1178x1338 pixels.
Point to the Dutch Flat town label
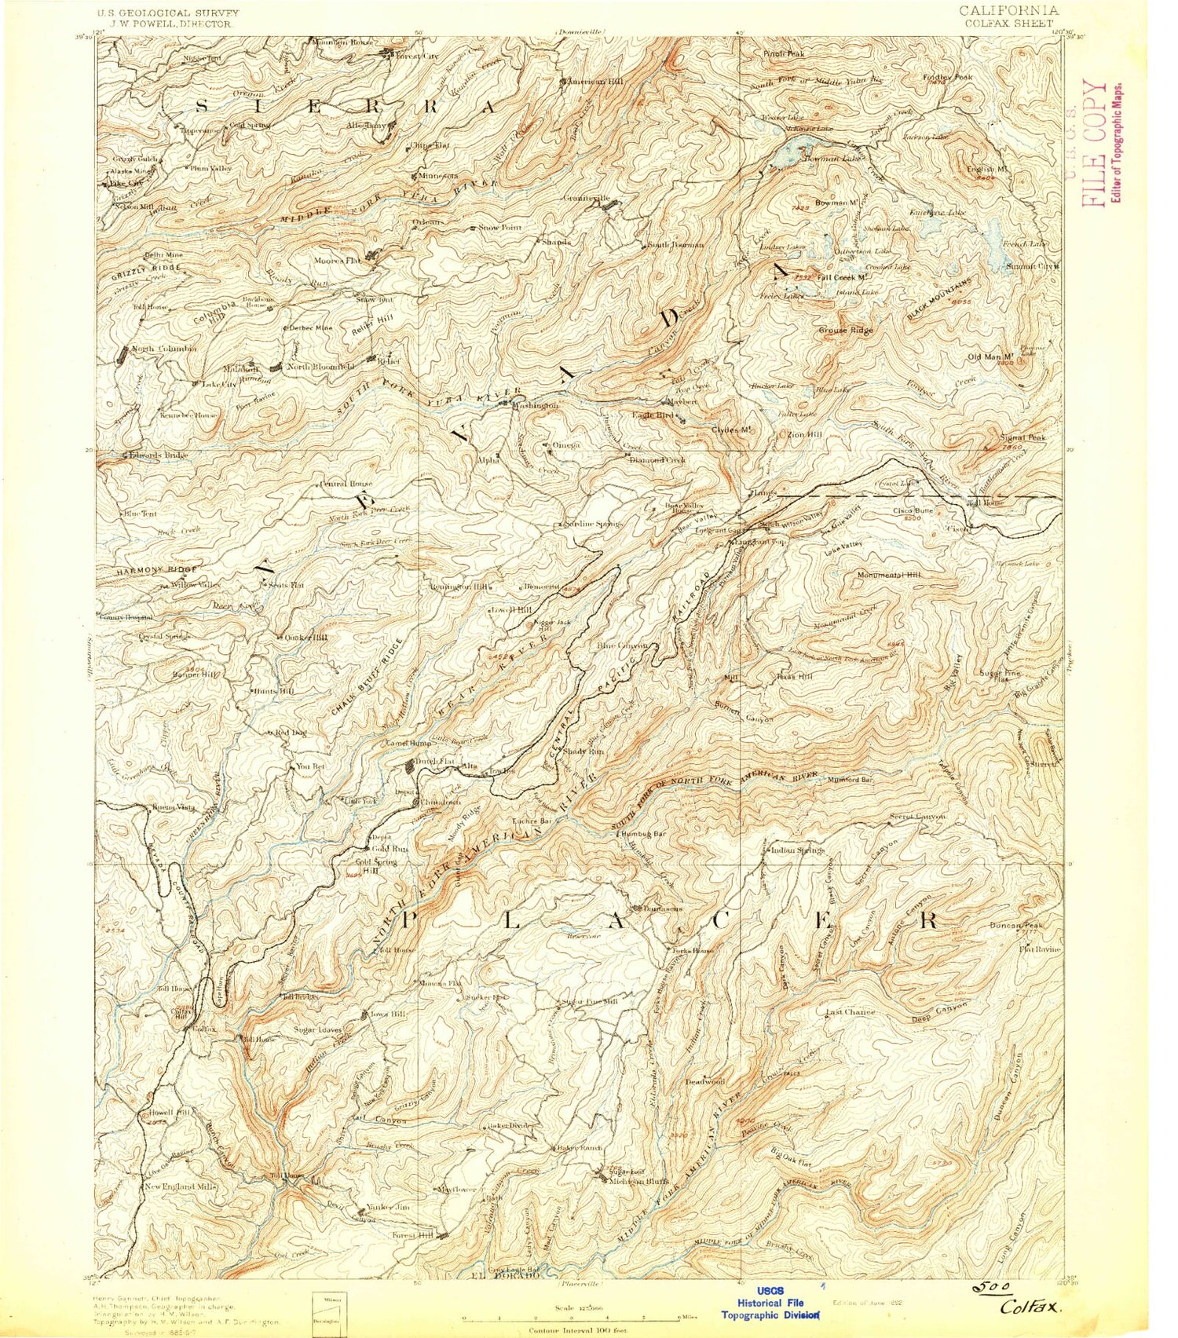point(428,760)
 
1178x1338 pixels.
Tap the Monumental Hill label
point(888,575)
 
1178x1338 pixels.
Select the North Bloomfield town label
point(320,367)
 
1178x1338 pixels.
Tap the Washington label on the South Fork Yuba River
point(536,405)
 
